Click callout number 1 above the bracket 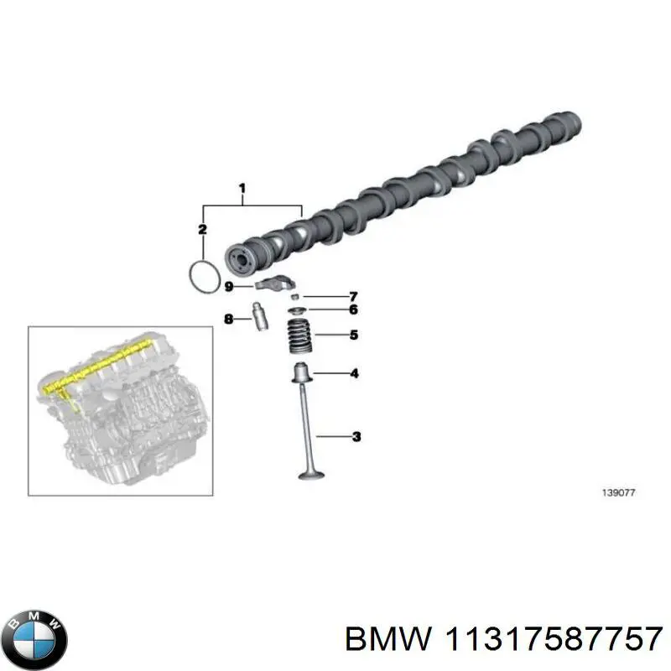(242, 188)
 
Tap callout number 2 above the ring (202, 229)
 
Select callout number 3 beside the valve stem (356, 435)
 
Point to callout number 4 (354, 373)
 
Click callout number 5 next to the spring (353, 335)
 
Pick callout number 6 (353, 309)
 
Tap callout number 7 (353, 296)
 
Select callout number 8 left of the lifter (227, 318)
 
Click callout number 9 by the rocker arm (228, 287)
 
